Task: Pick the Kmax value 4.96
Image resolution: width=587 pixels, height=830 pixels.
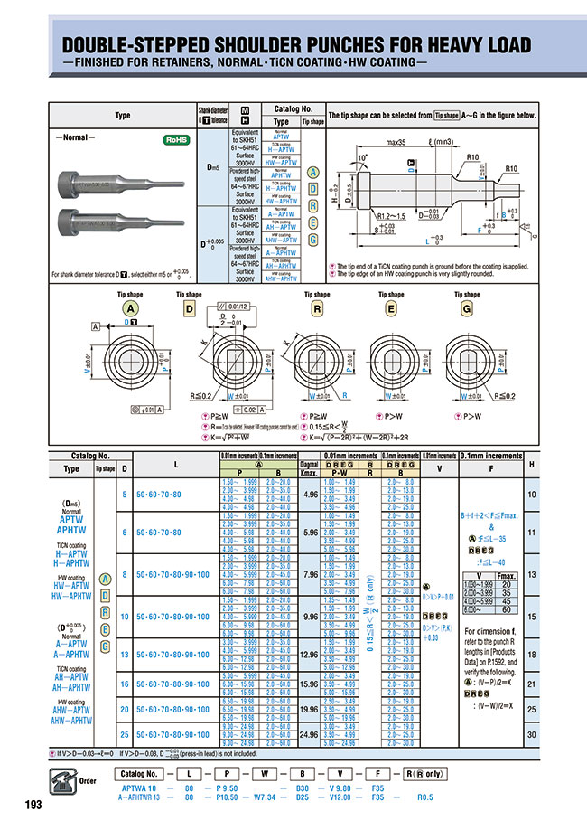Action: [x=311, y=495]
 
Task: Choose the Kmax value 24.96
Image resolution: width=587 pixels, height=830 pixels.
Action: [x=311, y=735]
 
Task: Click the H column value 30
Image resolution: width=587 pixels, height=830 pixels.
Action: [x=532, y=735]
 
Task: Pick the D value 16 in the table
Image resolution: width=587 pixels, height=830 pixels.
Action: [x=125, y=684]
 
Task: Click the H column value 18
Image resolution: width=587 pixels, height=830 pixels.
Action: [x=532, y=653]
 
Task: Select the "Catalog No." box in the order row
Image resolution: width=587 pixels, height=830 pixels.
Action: [x=140, y=775]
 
